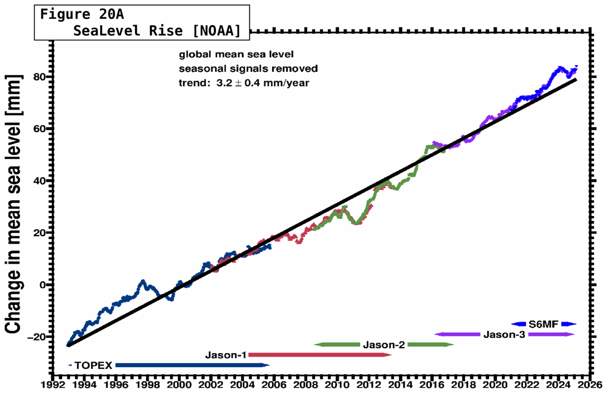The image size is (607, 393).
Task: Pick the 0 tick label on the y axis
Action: (x=42, y=285)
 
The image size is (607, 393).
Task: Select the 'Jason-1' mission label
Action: (x=226, y=355)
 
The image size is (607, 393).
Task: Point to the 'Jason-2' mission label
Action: (x=384, y=345)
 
